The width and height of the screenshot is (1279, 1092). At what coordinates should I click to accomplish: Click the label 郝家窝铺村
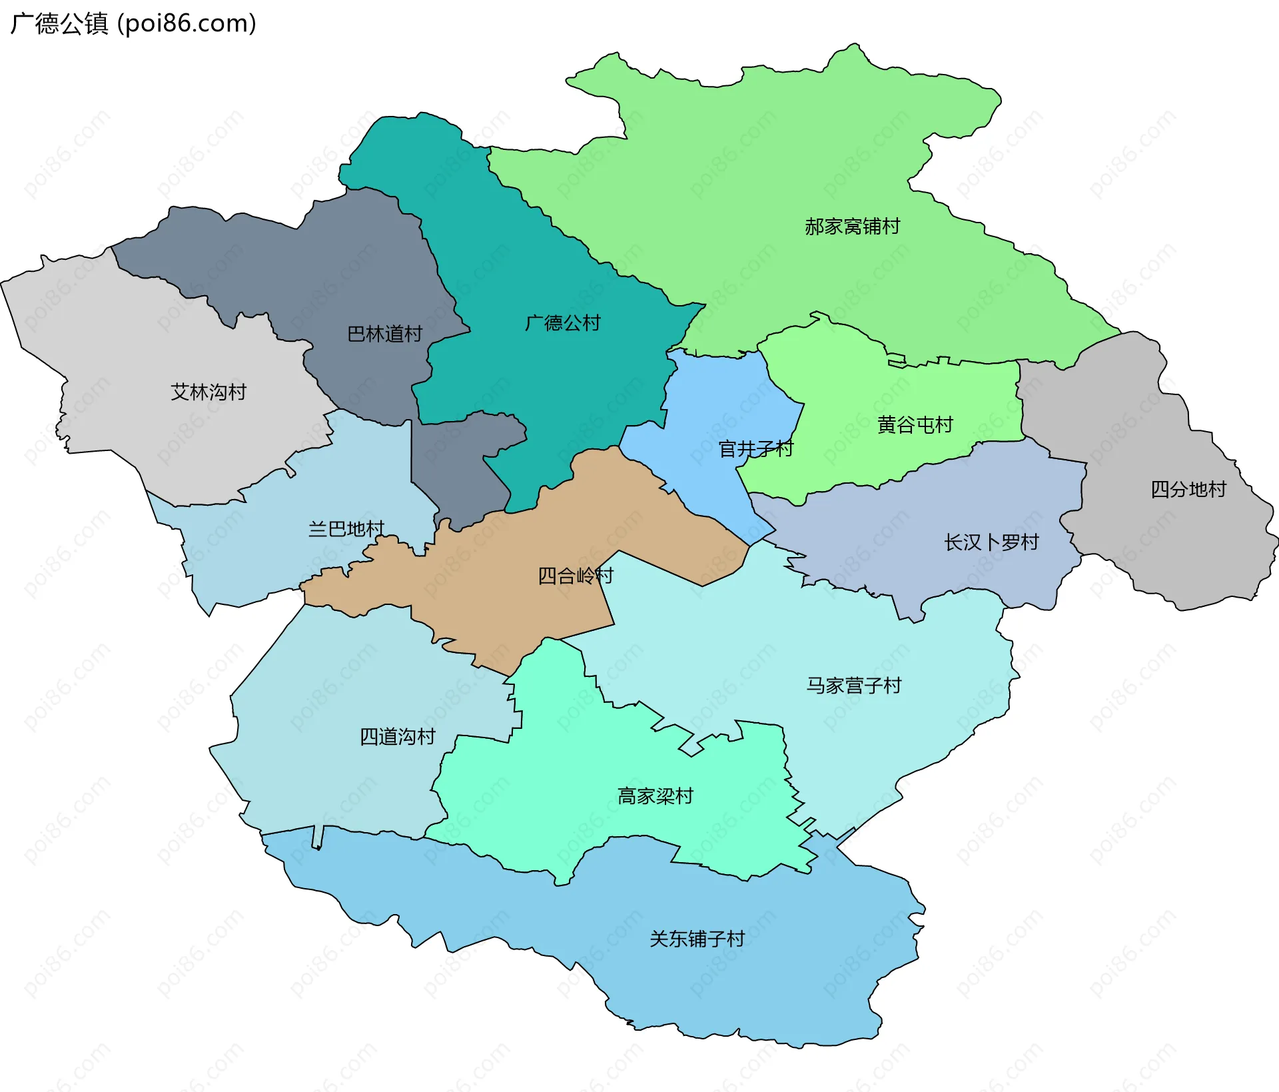coord(852,227)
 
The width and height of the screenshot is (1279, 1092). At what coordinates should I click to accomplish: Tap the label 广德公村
coord(562,324)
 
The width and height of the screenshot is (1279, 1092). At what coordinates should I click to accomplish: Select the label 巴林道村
coord(384,334)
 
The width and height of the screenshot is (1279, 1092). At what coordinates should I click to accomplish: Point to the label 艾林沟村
coord(209,392)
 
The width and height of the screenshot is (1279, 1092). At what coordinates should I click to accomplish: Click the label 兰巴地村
coord(346,530)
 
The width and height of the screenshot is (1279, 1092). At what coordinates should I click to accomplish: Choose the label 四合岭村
coord(575,576)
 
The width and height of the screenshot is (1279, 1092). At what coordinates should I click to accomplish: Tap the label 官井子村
coord(755,449)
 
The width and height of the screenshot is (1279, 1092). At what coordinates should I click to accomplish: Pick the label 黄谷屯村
coord(915,425)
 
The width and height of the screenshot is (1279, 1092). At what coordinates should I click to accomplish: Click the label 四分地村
coord(1188,490)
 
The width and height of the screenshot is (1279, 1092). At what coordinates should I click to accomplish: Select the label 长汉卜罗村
coord(991,542)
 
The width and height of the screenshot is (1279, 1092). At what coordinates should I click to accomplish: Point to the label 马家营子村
coord(853,686)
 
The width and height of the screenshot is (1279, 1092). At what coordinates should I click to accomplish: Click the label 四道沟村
coord(397,737)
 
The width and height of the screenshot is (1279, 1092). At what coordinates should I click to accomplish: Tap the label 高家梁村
coord(655,796)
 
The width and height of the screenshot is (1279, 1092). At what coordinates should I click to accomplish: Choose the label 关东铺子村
coord(697,939)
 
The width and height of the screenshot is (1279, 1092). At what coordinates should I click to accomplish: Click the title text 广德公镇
coord(59,24)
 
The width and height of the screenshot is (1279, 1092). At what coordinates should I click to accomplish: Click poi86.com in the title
coord(187,24)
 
